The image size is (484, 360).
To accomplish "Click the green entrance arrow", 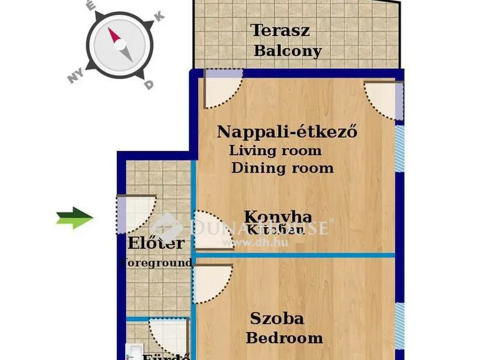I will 74,217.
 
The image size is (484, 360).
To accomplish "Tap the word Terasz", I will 280,30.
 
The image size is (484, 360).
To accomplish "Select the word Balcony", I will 287,51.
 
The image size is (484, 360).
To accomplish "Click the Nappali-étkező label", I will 287,132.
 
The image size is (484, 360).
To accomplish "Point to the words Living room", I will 275,150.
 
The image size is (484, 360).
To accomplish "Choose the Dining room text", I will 282,168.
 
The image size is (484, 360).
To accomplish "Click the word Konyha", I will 277,217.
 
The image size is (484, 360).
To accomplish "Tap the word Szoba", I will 277,318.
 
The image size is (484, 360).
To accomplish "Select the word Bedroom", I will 284,338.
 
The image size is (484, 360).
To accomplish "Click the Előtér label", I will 156,243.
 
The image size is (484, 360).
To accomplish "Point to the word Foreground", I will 156,263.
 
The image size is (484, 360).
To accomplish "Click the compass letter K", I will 159,17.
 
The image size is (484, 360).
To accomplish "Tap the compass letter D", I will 148,85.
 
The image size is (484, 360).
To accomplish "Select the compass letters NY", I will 76,76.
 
